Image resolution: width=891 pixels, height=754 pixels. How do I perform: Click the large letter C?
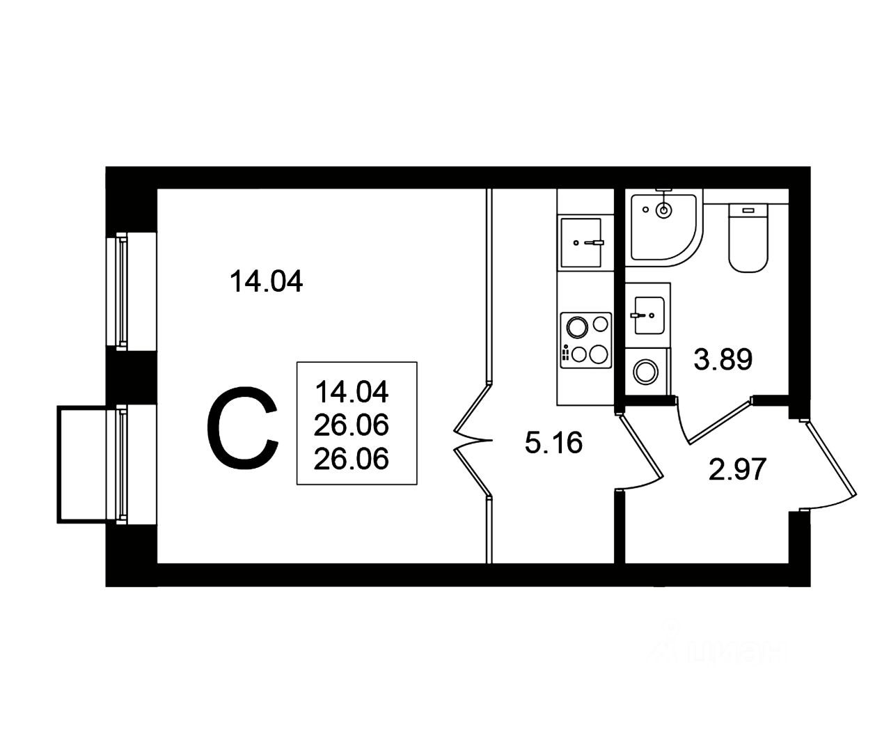pos(243,429)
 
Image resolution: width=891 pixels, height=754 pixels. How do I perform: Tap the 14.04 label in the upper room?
pos(266,282)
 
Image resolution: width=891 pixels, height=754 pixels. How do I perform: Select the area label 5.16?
pos(553,442)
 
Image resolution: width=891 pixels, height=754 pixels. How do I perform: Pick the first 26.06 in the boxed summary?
pos(352,424)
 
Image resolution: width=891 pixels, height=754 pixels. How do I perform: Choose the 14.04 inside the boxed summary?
pos(352,391)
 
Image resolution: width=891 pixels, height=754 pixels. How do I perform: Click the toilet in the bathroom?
pos(749,237)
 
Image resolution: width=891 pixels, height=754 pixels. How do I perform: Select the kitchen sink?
pos(580,242)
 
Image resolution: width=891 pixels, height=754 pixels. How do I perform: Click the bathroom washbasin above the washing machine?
pos(647,314)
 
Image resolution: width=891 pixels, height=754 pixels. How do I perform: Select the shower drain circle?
pos(665,210)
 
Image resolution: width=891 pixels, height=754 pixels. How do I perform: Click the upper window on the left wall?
pos(123,291)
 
